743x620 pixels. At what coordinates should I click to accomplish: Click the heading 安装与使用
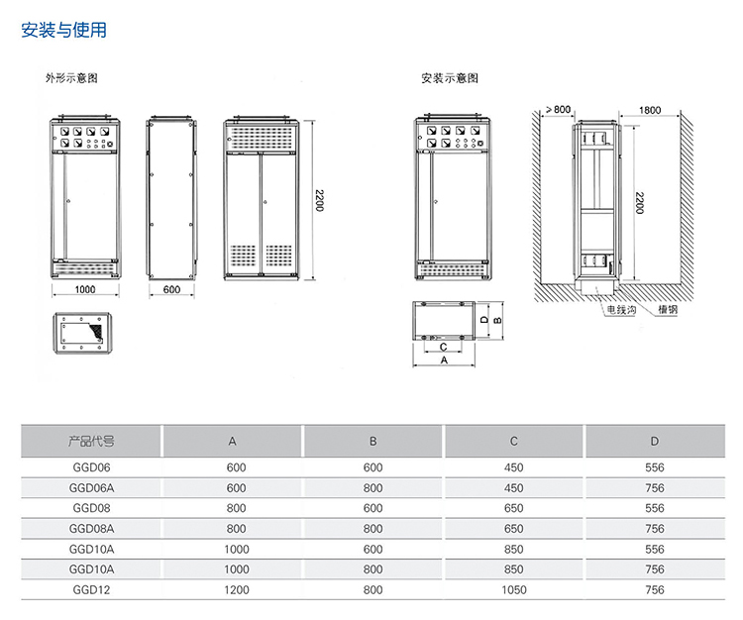point(63,31)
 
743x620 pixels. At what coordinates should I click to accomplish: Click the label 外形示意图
point(70,77)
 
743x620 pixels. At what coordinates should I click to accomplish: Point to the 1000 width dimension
point(84,289)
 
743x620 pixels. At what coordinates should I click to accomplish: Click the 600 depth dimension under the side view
point(171,289)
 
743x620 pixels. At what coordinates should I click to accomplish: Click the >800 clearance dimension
point(559,108)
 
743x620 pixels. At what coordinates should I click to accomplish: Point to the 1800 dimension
point(650,108)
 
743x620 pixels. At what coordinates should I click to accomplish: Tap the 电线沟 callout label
point(622,309)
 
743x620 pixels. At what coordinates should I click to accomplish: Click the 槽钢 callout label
point(667,309)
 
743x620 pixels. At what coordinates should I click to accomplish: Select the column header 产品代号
point(91,441)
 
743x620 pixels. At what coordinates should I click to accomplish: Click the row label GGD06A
point(91,487)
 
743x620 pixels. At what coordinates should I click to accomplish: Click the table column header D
point(654,441)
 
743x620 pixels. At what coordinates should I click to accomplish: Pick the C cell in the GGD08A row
point(513,529)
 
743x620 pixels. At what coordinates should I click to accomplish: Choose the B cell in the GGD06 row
point(372,466)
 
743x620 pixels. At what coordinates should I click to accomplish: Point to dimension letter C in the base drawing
point(443,347)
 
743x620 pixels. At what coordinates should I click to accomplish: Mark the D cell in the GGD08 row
point(654,508)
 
